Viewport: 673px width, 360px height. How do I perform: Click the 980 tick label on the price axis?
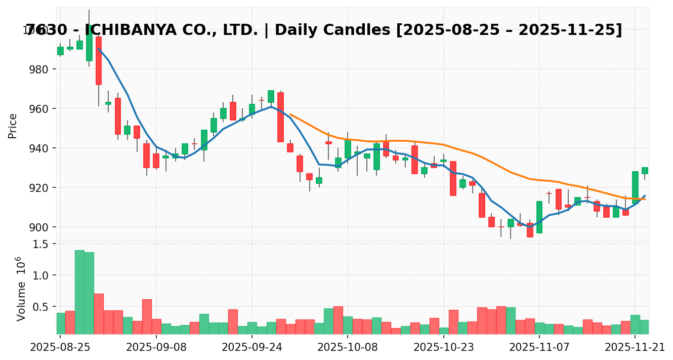point(39,69)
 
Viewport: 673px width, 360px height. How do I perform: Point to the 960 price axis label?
point(39,109)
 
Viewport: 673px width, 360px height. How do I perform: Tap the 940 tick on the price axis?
point(39,148)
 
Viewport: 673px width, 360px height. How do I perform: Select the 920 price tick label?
point(39,188)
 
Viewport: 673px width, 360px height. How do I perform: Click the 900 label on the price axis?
point(39,227)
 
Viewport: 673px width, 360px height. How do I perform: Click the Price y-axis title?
point(13,126)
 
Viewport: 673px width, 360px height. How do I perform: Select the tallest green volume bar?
point(79,292)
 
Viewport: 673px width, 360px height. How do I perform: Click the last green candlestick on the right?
point(645,171)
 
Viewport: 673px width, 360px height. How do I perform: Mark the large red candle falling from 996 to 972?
point(99,60)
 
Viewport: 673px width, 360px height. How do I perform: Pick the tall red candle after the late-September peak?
point(280,117)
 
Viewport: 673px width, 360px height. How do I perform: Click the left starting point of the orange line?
point(290,114)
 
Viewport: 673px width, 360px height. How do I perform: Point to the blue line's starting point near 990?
point(99,49)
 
